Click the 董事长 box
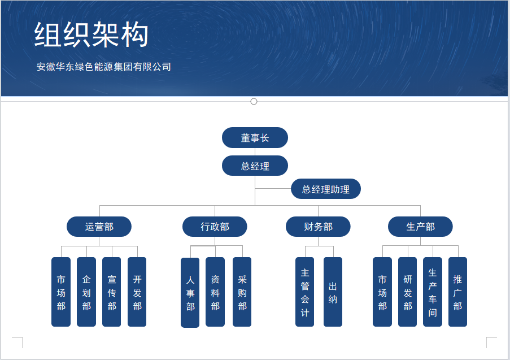click(255, 138)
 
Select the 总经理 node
click(255, 166)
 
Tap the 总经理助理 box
click(325, 189)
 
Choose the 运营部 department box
click(99, 227)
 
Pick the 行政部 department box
click(215, 227)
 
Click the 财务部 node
click(318, 227)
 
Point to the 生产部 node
click(420, 227)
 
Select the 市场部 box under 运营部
click(61, 292)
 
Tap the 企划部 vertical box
click(86, 292)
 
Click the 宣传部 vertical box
click(112, 292)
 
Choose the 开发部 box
click(137, 292)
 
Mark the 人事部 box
click(190, 293)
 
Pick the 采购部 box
click(242, 292)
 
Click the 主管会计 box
click(305, 292)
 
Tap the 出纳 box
click(333, 292)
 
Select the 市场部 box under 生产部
click(382, 292)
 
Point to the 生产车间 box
click(433, 292)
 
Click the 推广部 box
click(457, 292)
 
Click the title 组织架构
click(91, 34)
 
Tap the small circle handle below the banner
click(254, 102)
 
